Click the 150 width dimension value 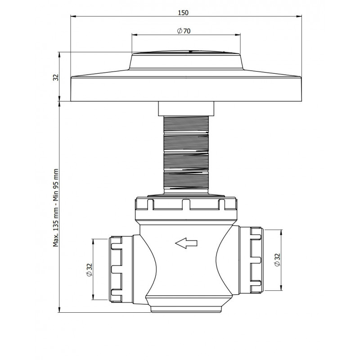[x=183, y=13]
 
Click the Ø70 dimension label [x=184, y=31]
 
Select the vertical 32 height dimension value [x=56, y=77]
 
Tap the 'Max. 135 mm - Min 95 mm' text [x=56, y=208]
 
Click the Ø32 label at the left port [x=89, y=270]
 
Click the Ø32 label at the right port [x=277, y=260]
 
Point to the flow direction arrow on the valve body [x=186, y=243]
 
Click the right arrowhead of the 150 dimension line [x=299, y=16]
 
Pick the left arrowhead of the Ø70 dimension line [x=135, y=35]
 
